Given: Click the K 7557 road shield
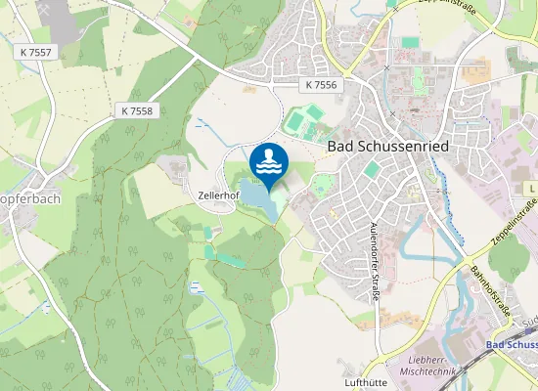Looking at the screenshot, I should click(36, 51).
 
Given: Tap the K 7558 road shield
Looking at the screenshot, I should click(138, 111).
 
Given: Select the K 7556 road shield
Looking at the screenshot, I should click(321, 85).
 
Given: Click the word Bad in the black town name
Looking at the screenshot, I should click(338, 146).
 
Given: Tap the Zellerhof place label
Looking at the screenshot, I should click(217, 195).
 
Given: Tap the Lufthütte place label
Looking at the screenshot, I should click(368, 383).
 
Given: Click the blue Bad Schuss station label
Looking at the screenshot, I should click(512, 345).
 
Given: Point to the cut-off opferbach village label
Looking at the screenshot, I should click(30, 199).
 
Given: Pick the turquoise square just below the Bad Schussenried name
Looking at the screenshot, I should click(372, 169).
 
